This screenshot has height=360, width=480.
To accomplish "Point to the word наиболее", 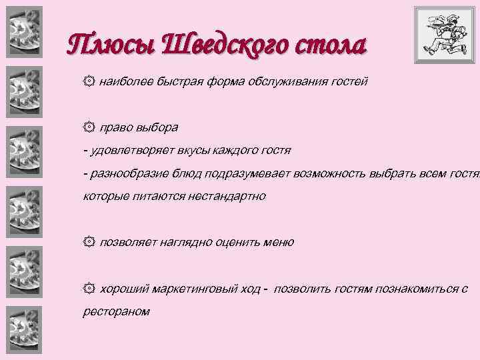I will click(125, 82).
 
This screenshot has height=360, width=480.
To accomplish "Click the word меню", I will click(279, 242).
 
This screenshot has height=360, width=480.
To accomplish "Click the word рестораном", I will click(116, 311).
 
